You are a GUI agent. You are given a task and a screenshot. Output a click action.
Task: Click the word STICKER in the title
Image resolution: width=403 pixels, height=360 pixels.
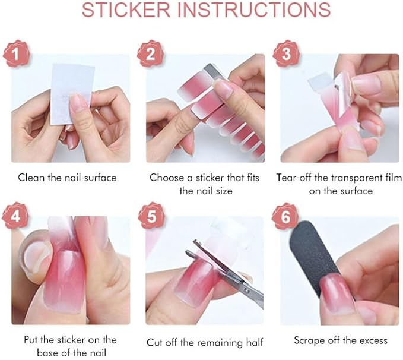pyautogui.click(x=126, y=10)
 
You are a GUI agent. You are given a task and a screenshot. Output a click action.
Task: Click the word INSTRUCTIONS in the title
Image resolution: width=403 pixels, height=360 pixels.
pyautogui.click(x=254, y=10)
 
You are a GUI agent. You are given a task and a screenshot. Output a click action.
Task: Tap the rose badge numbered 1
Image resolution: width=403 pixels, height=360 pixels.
pyautogui.click(x=16, y=53)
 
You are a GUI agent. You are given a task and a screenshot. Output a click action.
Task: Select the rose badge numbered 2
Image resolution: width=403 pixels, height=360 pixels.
pyautogui.click(x=150, y=53)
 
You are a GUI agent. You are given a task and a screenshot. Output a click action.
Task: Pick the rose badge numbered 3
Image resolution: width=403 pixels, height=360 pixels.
pyautogui.click(x=286, y=53)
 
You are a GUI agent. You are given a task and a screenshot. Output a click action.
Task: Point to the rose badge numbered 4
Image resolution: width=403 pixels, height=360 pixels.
pyautogui.click(x=15, y=216)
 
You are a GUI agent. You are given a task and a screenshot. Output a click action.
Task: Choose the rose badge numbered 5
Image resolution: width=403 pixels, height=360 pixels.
pyautogui.click(x=151, y=216)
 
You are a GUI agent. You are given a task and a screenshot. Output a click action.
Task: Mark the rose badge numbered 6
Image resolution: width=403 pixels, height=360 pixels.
pyautogui.click(x=285, y=216)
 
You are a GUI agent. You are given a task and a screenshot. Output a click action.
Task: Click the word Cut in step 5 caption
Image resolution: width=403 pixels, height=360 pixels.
pyautogui.click(x=155, y=343)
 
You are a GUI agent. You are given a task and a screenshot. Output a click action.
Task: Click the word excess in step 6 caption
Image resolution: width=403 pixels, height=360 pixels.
pyautogui.click(x=373, y=340)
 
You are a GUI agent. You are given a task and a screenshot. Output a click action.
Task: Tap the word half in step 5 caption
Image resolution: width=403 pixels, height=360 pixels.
pyautogui.click(x=255, y=343)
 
